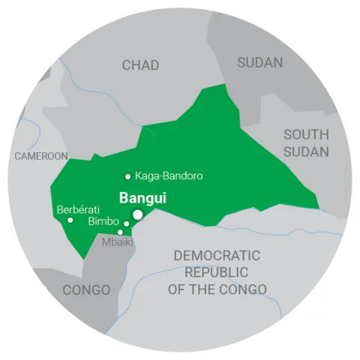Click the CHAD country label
tap(140, 65)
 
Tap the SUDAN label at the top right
tap(260, 62)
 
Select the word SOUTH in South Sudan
tap(305, 135)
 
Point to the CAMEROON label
tap(41, 156)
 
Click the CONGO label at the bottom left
tap(86, 289)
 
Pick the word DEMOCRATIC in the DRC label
tap(217, 256)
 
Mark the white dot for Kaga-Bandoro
tap(128, 176)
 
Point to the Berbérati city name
tap(78, 209)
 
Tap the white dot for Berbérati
tap(70, 220)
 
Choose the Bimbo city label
tap(103, 222)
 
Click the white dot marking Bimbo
tap(127, 223)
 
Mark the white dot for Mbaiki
tap(120, 232)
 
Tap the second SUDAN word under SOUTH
tap(305, 152)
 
